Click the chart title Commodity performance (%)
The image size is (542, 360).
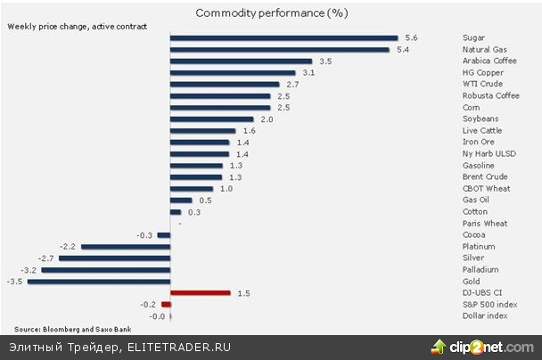tap(271, 13)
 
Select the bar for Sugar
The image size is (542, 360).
tap(283, 38)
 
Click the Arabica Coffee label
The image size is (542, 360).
tap(489, 61)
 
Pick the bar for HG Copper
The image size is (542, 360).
tap(232, 73)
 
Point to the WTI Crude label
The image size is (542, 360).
tap(481, 85)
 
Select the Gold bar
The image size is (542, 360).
tap(99, 281)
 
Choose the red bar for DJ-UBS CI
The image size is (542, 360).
tap(200, 292)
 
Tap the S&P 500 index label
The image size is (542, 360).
tap(489, 304)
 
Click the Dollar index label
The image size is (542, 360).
tap(485, 315)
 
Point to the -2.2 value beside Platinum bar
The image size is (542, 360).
tap(68, 246)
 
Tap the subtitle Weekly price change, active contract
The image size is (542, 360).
tap(64, 27)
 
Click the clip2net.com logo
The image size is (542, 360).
tap(486, 347)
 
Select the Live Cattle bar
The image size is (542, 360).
tap(202, 131)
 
